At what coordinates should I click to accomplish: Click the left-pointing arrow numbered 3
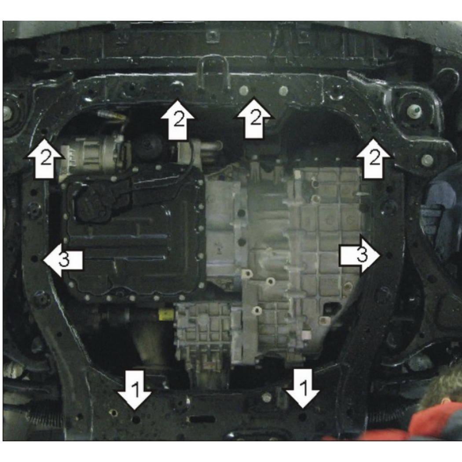coord(62,260)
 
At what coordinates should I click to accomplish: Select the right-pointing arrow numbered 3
coord(360,255)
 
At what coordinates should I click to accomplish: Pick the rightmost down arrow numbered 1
coord(302,389)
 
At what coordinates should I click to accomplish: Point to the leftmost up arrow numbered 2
coord(45,158)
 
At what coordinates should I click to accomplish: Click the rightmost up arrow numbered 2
coord(374,158)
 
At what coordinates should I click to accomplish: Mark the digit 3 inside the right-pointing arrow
coord(363,255)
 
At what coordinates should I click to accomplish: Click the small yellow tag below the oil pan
coord(165,315)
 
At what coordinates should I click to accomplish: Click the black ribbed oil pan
coord(132,236)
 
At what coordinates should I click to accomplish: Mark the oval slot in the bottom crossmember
coord(202,419)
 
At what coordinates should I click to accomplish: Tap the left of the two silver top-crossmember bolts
coord(244,90)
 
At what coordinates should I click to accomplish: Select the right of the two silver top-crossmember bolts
coord(283,90)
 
